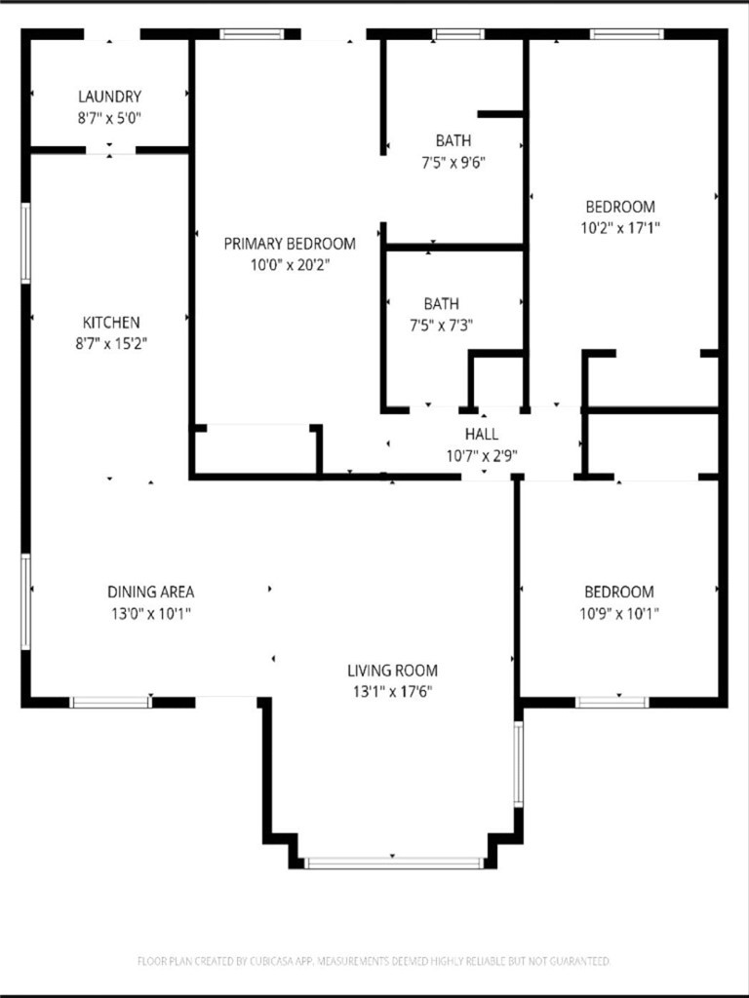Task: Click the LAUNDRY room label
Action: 109,96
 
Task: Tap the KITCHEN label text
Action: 111,322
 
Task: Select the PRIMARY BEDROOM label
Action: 290,243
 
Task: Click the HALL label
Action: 482,434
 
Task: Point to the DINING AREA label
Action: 151,592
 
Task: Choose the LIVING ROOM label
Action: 392,671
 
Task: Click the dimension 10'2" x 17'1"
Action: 620,228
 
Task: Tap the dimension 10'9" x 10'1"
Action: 619,614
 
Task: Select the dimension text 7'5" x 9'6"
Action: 453,163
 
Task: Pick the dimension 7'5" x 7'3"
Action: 441,326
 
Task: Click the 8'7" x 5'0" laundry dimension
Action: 109,118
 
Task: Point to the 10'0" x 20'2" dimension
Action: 290,265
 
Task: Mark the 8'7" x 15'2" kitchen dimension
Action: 111,344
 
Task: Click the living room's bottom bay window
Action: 394,864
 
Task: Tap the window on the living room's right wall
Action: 519,764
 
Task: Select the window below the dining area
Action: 111,702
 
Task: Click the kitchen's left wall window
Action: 25,243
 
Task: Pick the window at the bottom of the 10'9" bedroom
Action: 612,702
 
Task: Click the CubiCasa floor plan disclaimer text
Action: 374,960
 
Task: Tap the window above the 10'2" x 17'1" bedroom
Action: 627,34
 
